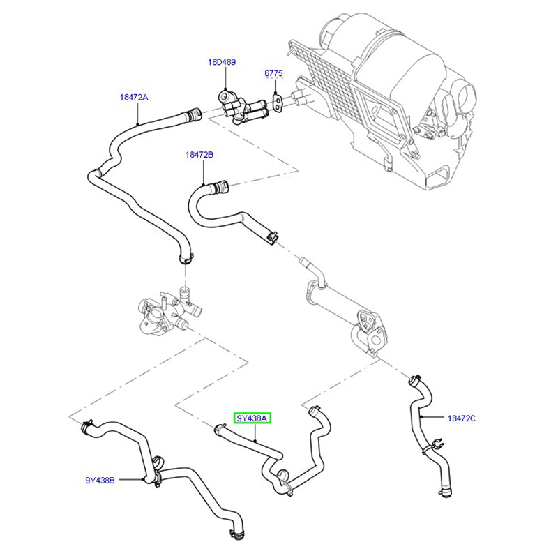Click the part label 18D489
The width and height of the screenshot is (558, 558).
[x=221, y=62]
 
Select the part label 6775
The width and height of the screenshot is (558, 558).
[x=273, y=73]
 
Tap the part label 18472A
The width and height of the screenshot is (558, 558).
[x=133, y=98]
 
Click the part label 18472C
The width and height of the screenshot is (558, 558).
[x=461, y=418]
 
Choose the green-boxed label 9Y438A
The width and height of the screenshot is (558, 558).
[x=253, y=418]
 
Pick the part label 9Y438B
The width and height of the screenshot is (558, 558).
[x=100, y=480]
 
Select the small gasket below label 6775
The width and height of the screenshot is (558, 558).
[x=278, y=103]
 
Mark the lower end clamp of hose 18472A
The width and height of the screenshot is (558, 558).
[x=185, y=259]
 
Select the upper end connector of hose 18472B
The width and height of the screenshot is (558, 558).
[x=220, y=186]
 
